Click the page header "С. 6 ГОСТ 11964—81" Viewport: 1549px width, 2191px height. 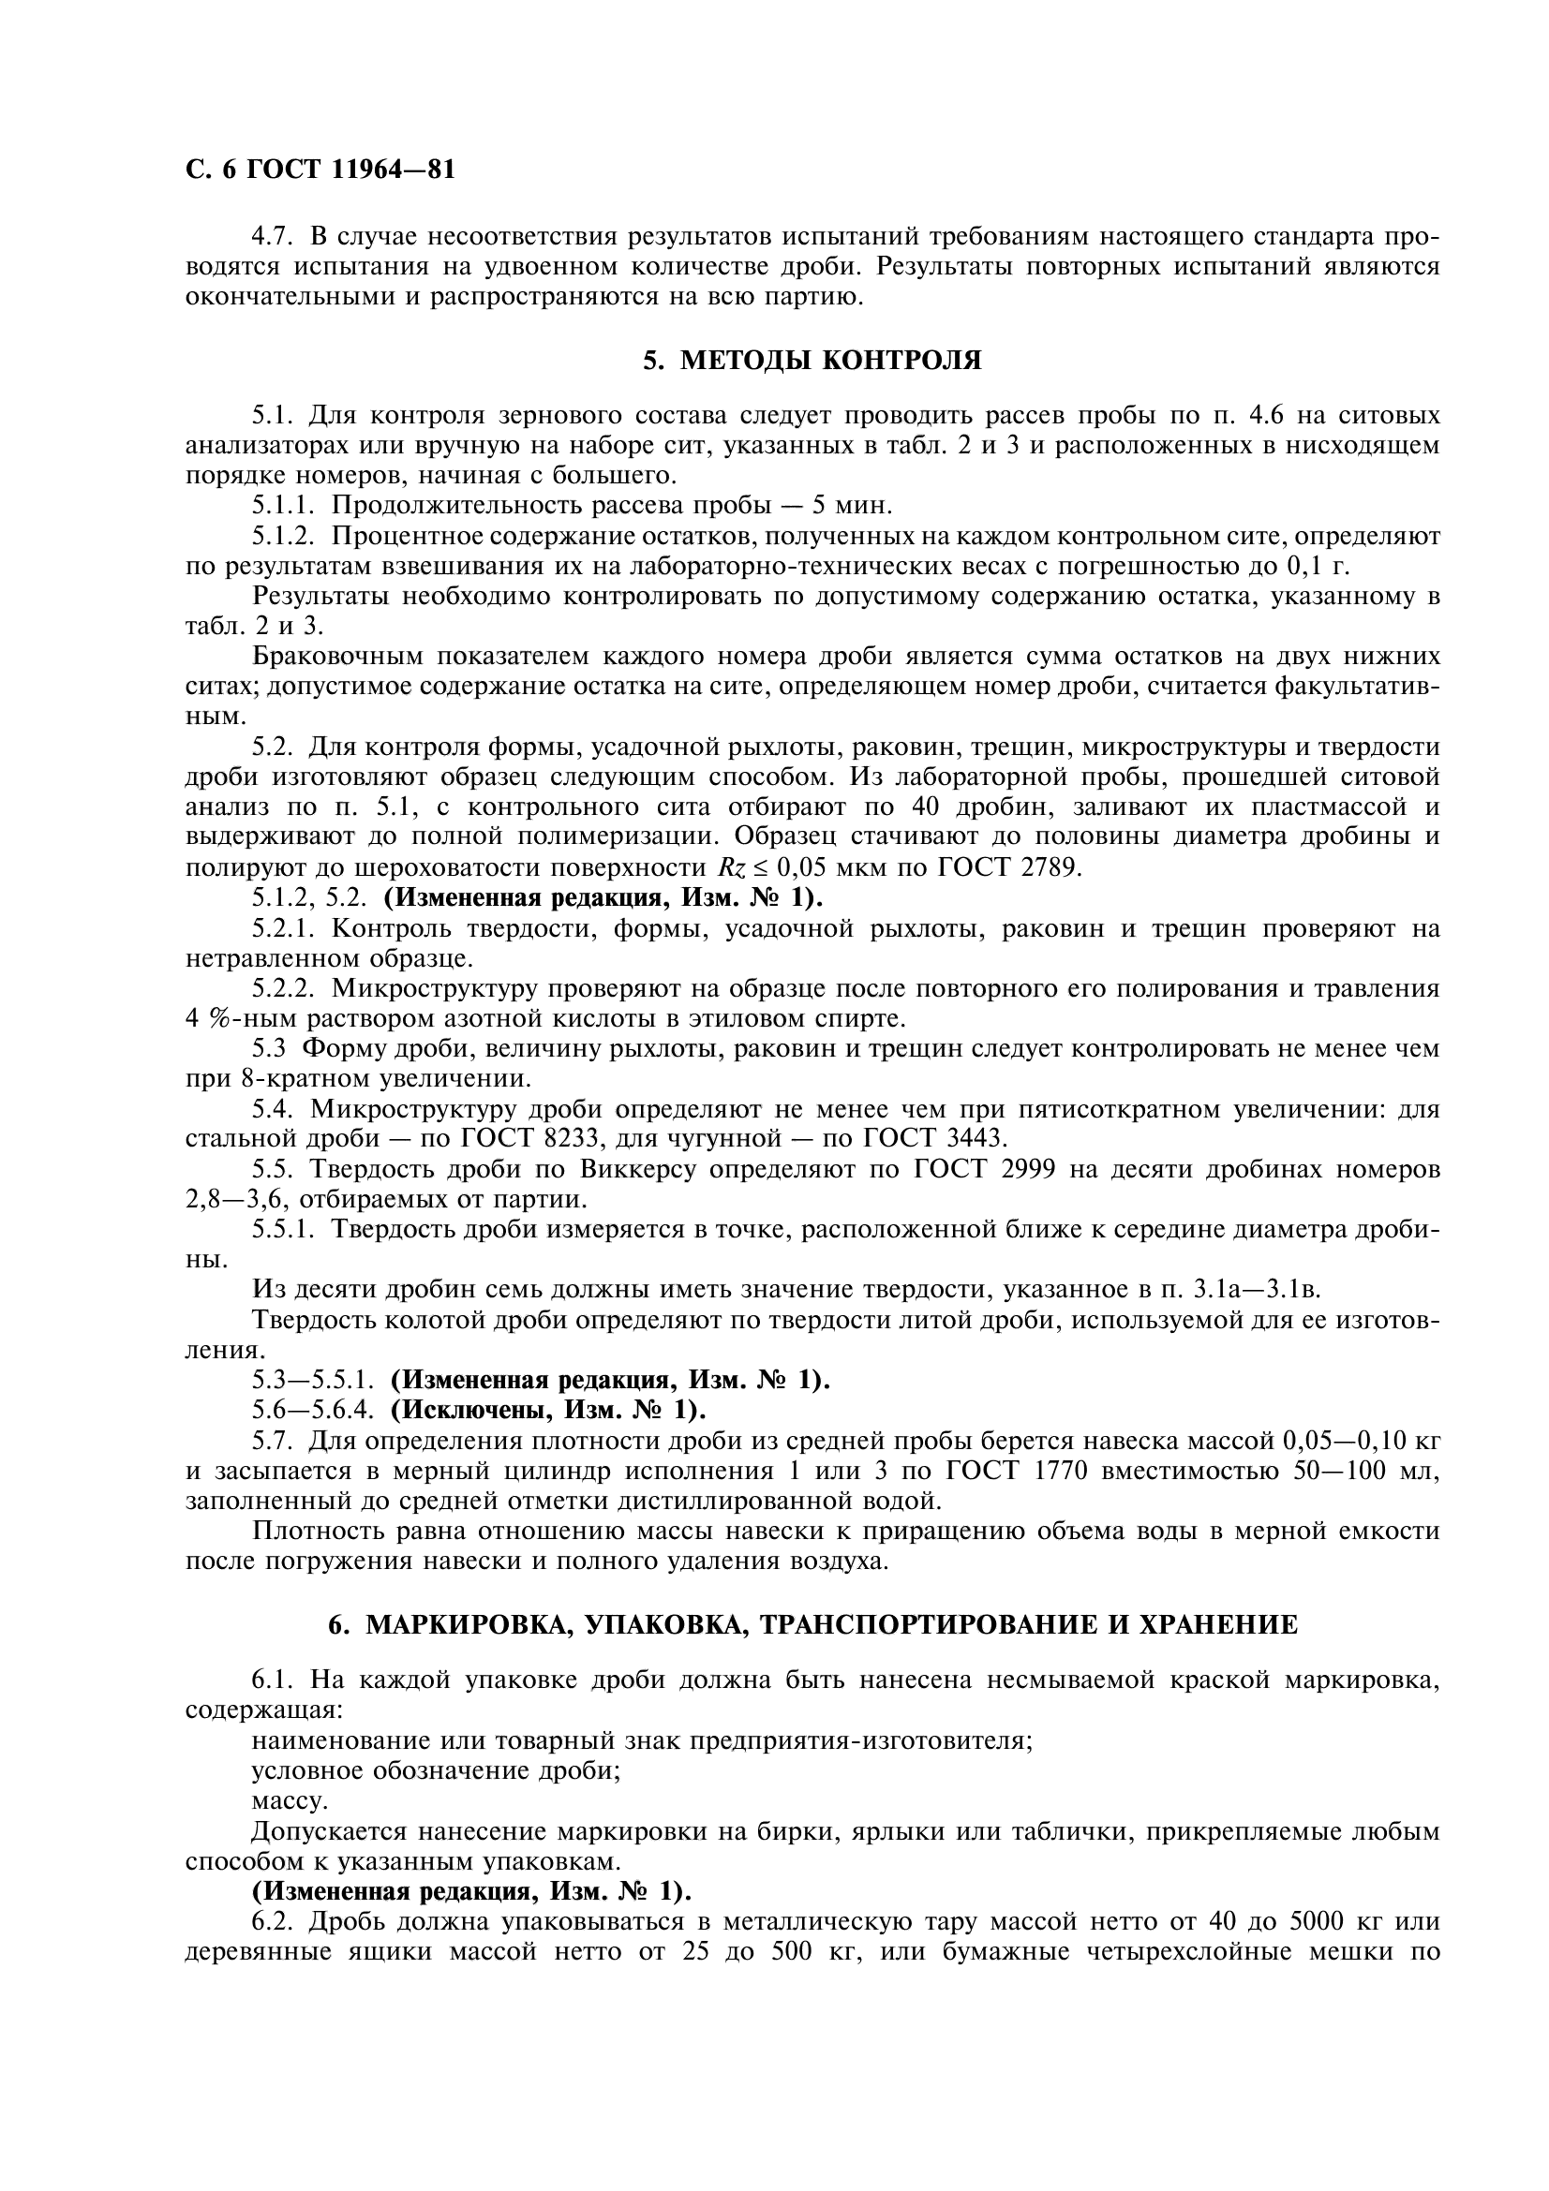coord(320,170)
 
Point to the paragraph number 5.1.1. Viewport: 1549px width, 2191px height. coord(283,505)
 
